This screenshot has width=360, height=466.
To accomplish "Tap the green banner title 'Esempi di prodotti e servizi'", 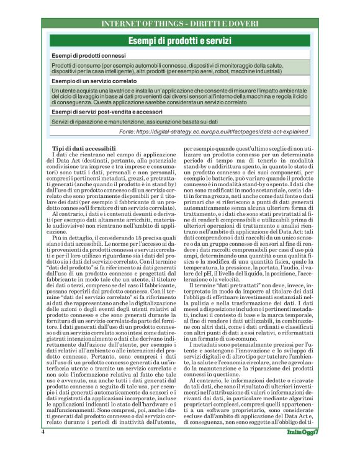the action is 179,41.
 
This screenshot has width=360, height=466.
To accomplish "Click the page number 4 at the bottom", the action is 43,448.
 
